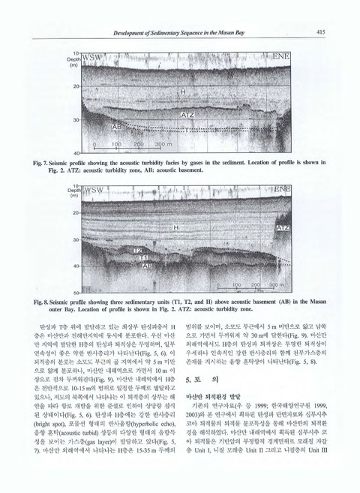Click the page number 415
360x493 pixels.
pos(320,32)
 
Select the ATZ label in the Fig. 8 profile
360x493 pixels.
pos(283,227)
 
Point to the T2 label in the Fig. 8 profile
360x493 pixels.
pos(138,250)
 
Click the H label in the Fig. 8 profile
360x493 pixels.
pos(175,226)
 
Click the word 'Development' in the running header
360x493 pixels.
pos(131,32)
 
